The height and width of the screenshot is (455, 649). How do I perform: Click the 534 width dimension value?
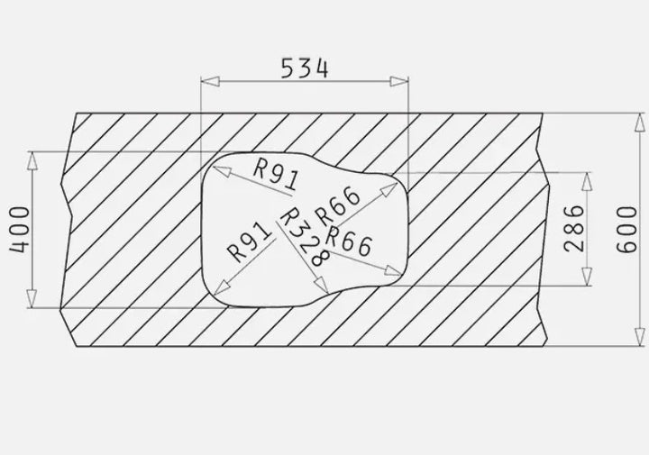305,68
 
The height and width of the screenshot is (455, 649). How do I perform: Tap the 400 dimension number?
20,230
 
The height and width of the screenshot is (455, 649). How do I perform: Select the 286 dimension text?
574,228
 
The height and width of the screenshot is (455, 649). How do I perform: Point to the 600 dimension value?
626,229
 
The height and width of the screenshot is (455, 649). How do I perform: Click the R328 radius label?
305,237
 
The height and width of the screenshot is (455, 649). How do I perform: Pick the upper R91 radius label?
276,174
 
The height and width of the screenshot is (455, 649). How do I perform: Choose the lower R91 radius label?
250,242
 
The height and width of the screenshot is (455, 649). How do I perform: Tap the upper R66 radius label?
337,205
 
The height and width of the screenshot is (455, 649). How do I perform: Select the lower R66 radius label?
349,241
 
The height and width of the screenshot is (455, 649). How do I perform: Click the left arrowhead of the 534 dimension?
210,81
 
